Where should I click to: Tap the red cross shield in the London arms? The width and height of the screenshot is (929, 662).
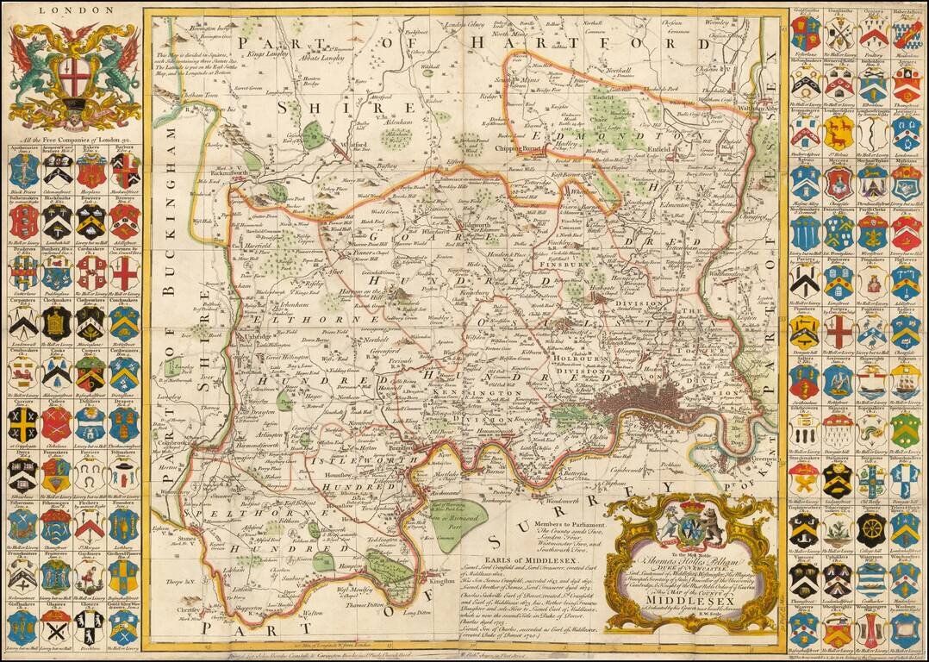pos(73,72)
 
